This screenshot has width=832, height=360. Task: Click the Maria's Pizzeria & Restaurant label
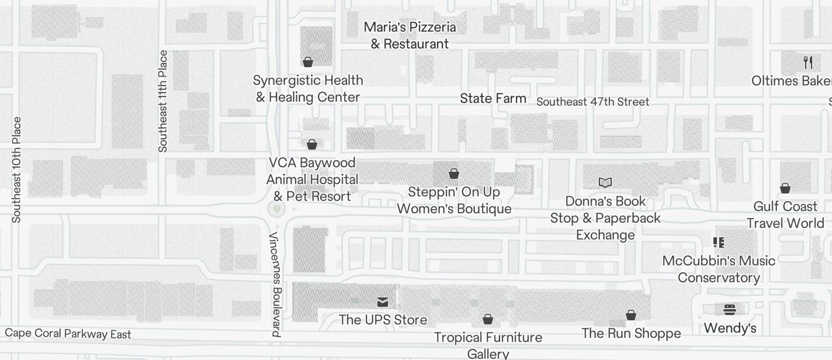[x=410, y=35]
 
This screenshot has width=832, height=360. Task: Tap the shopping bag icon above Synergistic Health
[x=308, y=61]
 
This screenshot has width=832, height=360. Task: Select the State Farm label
[x=493, y=98]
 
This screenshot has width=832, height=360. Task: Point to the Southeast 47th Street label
[x=592, y=102]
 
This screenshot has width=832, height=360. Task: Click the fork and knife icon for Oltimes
[x=808, y=62]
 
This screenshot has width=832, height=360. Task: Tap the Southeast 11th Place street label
[x=163, y=101]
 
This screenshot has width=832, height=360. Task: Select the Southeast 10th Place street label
[x=16, y=169]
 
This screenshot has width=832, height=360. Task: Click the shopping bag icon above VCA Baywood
[x=312, y=144]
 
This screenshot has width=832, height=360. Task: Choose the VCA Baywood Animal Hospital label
[x=312, y=179]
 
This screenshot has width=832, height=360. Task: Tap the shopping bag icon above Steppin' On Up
[x=454, y=173]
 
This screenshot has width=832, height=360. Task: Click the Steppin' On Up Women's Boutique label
[x=454, y=200]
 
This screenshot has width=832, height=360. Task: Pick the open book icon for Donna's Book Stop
[x=605, y=182]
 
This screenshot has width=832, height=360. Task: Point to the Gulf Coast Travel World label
[x=785, y=214]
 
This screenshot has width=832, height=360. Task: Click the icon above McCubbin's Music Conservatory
[x=719, y=242]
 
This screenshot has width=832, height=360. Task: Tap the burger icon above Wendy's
[x=730, y=309]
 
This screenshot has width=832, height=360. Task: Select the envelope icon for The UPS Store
[x=383, y=302]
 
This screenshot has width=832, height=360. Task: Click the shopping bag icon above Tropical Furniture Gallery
[x=488, y=319]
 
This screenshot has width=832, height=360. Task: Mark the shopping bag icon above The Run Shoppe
[x=631, y=315]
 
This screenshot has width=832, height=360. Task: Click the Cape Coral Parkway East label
[x=68, y=334]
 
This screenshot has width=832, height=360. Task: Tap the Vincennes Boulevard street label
[x=276, y=285]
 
